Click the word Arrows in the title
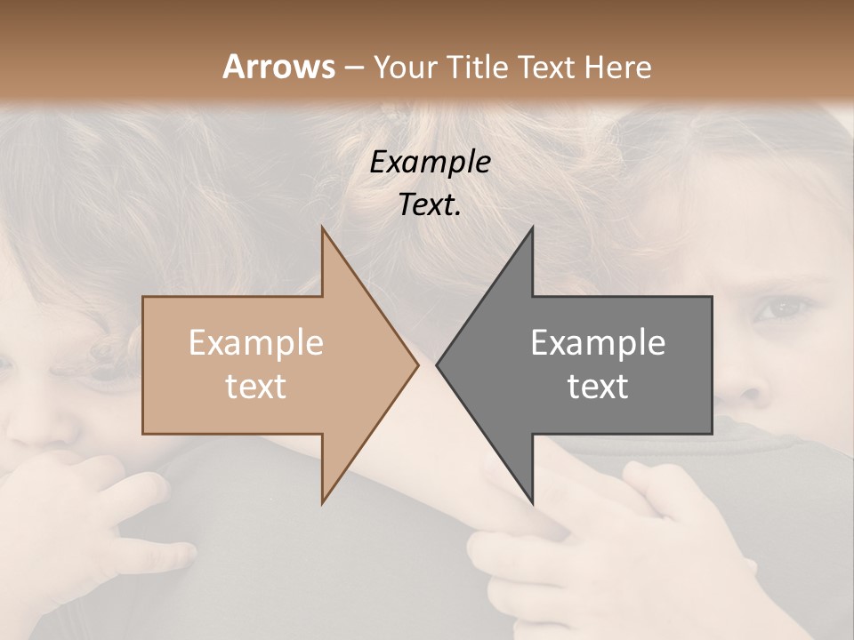click(x=278, y=67)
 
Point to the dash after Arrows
click(x=353, y=68)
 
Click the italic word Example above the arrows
click(x=430, y=163)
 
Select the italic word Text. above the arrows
click(x=430, y=205)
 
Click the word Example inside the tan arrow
click(x=255, y=343)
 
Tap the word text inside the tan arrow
click(x=255, y=387)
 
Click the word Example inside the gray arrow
click(x=598, y=343)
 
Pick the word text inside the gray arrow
click(x=598, y=387)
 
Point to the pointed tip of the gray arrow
click(x=438, y=364)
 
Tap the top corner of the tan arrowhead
click(x=323, y=228)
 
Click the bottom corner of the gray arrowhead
click(x=532, y=502)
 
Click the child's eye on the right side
click(x=781, y=309)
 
